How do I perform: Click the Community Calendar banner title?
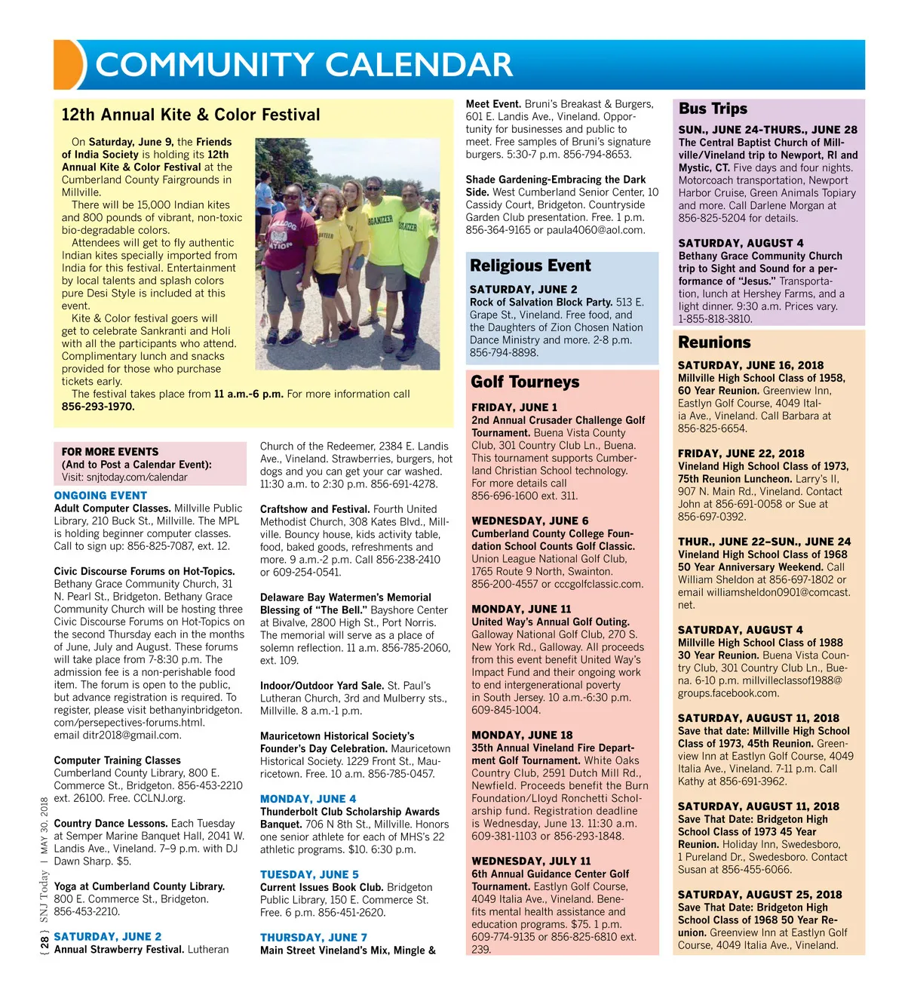pyautogui.click(x=304, y=65)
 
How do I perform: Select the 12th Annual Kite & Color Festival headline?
pyautogui.click(x=191, y=115)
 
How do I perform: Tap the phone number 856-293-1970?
pyautogui.click(x=98, y=407)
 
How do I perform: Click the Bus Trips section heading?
pyautogui.click(x=713, y=109)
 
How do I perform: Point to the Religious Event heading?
pyautogui.click(x=530, y=266)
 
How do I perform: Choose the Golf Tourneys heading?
pyautogui.click(x=525, y=382)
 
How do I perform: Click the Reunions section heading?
pyautogui.click(x=714, y=342)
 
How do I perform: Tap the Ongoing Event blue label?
pyautogui.click(x=100, y=496)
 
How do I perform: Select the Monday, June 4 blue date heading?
pyautogui.click(x=308, y=799)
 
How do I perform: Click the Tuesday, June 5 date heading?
pyautogui.click(x=309, y=875)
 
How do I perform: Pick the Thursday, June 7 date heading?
pyautogui.click(x=314, y=938)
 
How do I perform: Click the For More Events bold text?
pyautogui.click(x=110, y=452)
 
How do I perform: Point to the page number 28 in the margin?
pyautogui.click(x=44, y=941)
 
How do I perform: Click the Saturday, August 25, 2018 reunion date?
pyautogui.click(x=759, y=895)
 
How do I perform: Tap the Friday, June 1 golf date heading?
pyautogui.click(x=514, y=407)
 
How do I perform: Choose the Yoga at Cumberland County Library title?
pyautogui.click(x=140, y=886)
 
